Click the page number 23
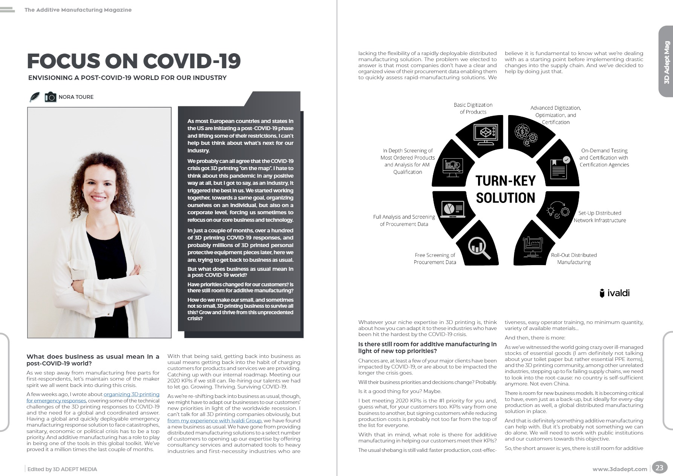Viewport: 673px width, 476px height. point(659,468)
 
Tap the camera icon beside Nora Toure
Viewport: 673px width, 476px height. point(51,97)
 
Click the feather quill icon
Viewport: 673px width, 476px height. point(35,97)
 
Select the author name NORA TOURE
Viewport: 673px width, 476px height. point(76,97)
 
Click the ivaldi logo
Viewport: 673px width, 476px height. point(615,293)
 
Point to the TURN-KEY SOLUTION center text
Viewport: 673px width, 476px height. point(505,189)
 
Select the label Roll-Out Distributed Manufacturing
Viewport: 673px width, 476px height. point(574,258)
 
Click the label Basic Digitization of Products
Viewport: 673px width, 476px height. point(473,108)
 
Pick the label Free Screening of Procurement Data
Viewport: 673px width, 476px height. point(435,258)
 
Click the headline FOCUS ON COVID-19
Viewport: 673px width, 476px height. point(134,61)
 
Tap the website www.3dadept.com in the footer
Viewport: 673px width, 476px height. point(619,469)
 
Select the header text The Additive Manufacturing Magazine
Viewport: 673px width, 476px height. point(78,10)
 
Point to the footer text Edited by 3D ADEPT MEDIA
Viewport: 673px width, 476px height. point(62,469)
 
